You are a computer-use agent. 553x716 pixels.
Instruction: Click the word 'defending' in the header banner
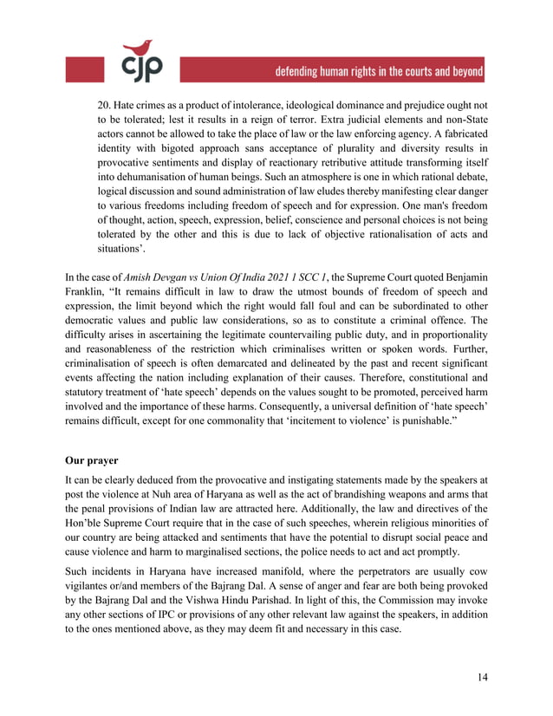click(303, 72)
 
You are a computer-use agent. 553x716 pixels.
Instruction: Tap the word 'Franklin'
click(87, 293)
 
